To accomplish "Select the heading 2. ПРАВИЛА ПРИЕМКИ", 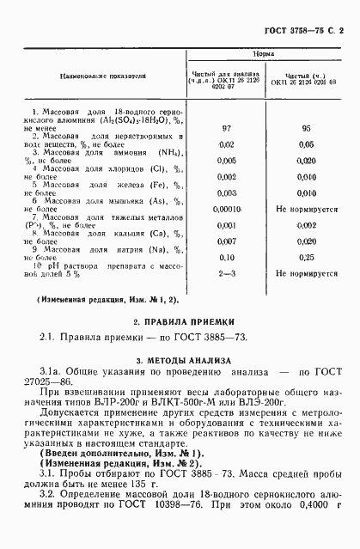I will [179, 321].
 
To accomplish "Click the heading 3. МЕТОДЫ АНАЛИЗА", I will [179, 360].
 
